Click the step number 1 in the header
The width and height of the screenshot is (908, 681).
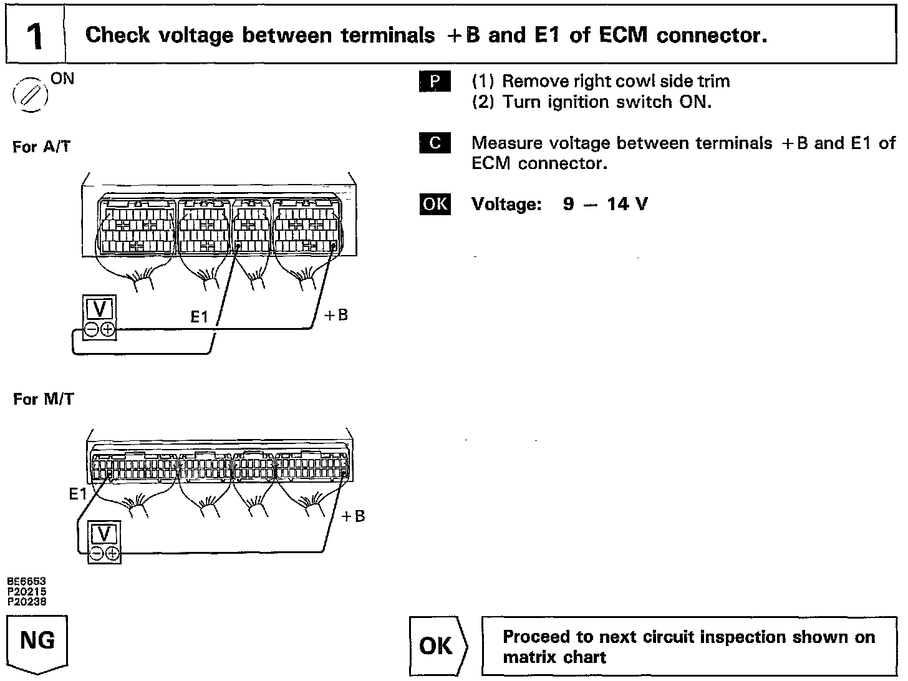[x=36, y=36]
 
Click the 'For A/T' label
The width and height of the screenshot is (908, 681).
[x=41, y=147]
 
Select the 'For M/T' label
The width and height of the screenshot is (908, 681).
[x=43, y=399]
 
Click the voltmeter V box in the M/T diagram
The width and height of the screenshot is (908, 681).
[x=104, y=534]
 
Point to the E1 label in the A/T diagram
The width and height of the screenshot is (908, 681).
[x=199, y=317]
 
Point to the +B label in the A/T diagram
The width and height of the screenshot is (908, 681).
[x=336, y=315]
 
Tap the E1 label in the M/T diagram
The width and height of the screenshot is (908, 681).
[x=78, y=495]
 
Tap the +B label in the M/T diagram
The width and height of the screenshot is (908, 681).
[x=354, y=516]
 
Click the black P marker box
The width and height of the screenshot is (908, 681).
[x=435, y=82]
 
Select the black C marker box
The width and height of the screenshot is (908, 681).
[x=435, y=143]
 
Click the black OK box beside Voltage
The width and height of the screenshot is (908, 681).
[x=435, y=204]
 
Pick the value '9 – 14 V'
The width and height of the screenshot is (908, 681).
[x=605, y=204]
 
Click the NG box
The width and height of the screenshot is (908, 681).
[x=37, y=641]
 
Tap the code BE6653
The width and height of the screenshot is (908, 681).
[x=27, y=580]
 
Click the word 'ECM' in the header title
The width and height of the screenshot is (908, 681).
[x=623, y=36]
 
